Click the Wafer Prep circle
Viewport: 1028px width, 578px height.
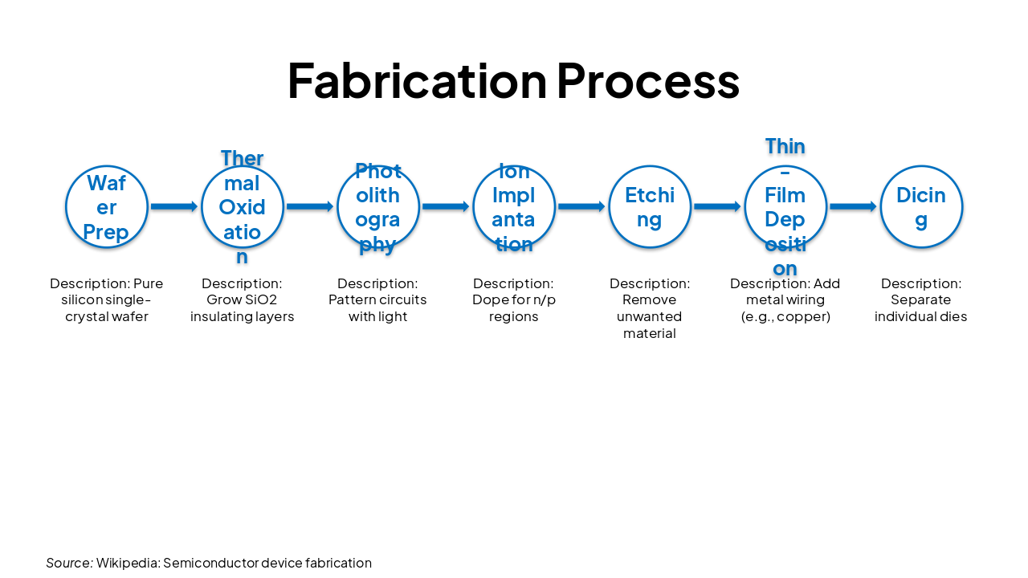tap(107, 207)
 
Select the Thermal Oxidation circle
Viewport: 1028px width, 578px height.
tap(243, 207)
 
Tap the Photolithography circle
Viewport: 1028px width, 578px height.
tap(378, 207)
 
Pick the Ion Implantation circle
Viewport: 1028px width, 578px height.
tap(514, 207)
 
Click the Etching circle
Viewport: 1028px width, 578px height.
tap(650, 207)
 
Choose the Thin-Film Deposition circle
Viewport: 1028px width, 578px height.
tap(785, 207)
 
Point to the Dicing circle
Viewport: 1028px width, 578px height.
tap(921, 207)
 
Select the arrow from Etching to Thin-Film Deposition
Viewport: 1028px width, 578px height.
tap(717, 207)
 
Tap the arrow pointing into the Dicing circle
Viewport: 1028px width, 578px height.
tap(853, 207)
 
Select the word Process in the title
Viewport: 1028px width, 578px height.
tap(647, 81)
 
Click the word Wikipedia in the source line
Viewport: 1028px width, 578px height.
tap(127, 563)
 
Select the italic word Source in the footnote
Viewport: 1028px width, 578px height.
tap(68, 563)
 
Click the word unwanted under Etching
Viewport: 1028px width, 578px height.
tap(650, 317)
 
